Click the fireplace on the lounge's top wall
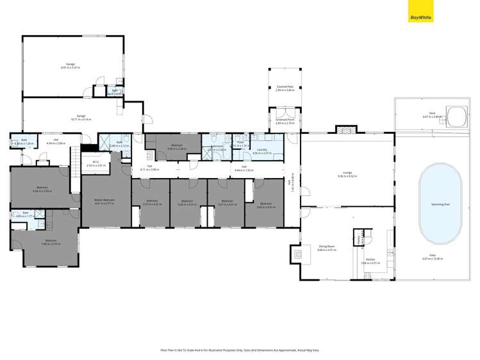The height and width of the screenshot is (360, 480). (x=345, y=130)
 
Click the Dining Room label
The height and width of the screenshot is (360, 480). (x=327, y=246)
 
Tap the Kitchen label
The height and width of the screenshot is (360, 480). (x=370, y=259)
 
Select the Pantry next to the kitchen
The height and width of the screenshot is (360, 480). (x=359, y=236)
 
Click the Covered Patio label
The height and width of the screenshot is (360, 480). (x=285, y=86)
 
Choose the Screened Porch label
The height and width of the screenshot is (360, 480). (x=285, y=120)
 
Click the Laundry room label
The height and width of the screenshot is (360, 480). (x=263, y=150)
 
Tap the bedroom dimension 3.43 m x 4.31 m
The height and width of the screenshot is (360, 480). (x=265, y=207)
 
